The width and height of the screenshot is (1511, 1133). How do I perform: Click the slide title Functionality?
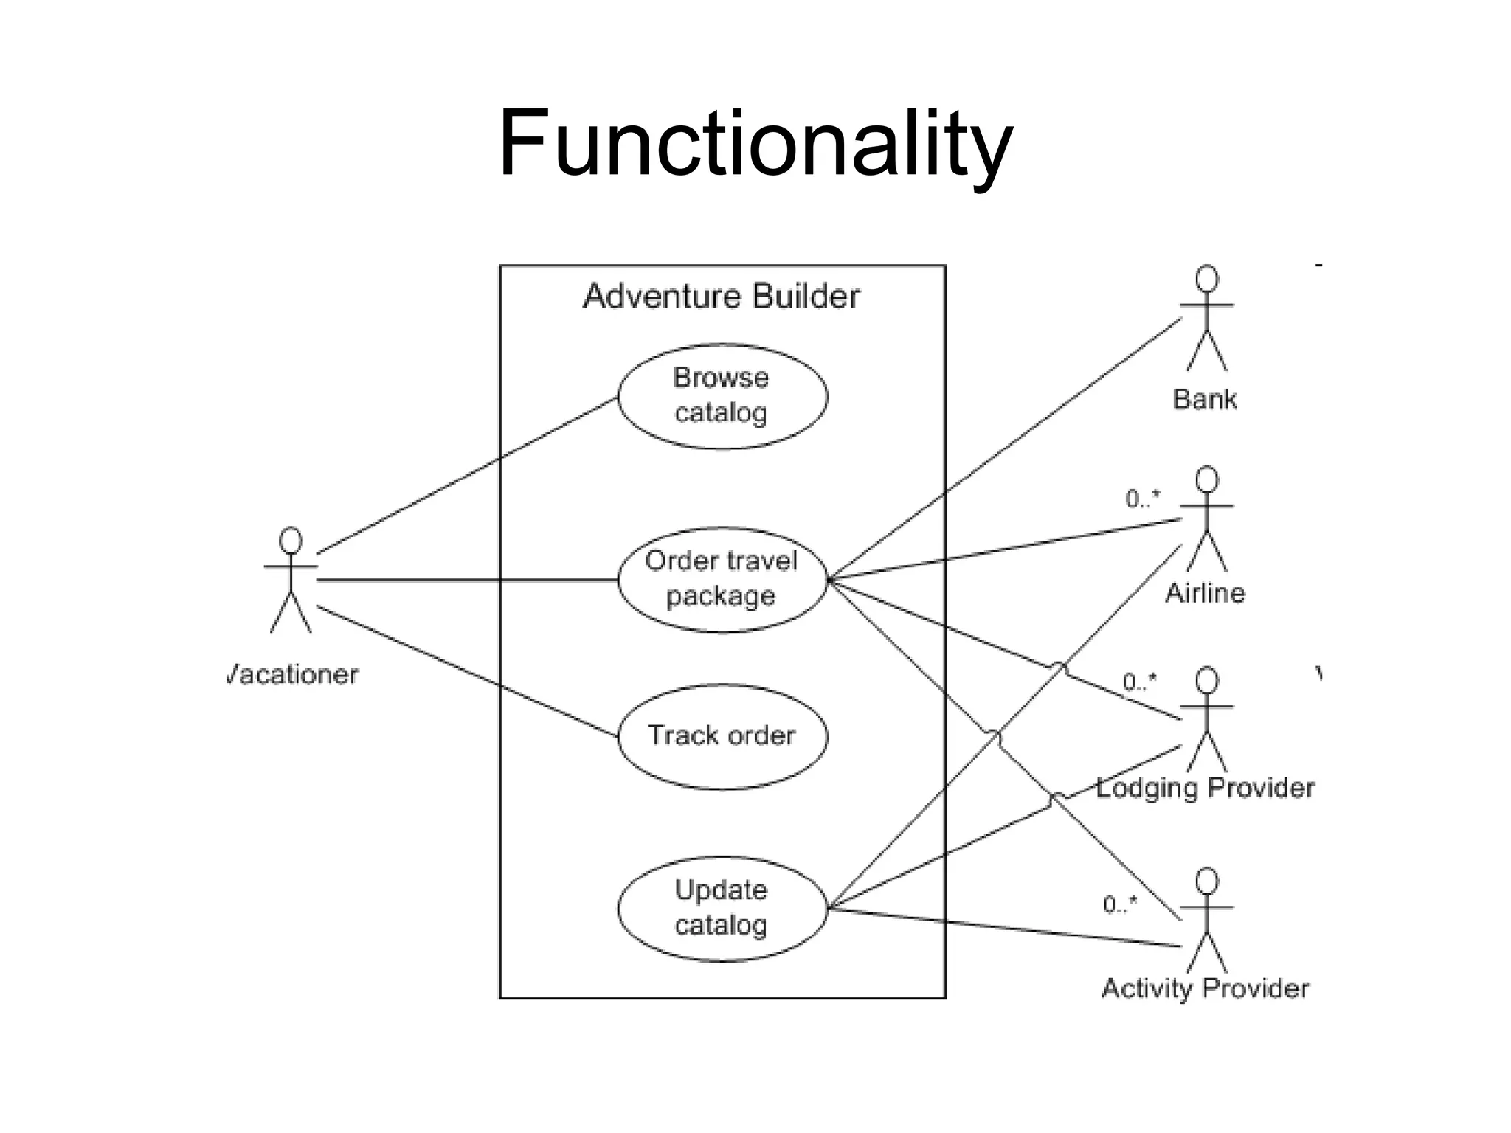[755, 144]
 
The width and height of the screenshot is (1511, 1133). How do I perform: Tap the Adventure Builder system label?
[721, 297]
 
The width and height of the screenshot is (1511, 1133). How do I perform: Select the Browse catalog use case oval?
[722, 396]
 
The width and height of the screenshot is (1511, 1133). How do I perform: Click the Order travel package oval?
[722, 579]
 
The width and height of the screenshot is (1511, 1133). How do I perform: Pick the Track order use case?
[722, 736]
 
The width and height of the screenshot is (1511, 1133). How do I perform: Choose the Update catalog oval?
[722, 908]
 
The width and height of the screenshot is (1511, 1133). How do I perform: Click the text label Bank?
[1204, 399]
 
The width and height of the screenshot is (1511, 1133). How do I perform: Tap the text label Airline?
[1204, 592]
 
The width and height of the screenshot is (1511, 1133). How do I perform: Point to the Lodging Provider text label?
[1205, 788]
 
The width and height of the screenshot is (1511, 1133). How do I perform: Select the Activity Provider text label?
[1205, 988]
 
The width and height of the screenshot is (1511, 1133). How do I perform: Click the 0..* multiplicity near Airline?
[1142, 499]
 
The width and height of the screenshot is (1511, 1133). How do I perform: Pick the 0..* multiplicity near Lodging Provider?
[1139, 682]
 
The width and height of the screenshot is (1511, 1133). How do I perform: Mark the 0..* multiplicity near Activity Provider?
[1120, 904]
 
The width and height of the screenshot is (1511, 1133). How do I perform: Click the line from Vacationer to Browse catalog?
[467, 476]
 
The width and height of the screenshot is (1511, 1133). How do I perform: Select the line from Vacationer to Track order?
[467, 671]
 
